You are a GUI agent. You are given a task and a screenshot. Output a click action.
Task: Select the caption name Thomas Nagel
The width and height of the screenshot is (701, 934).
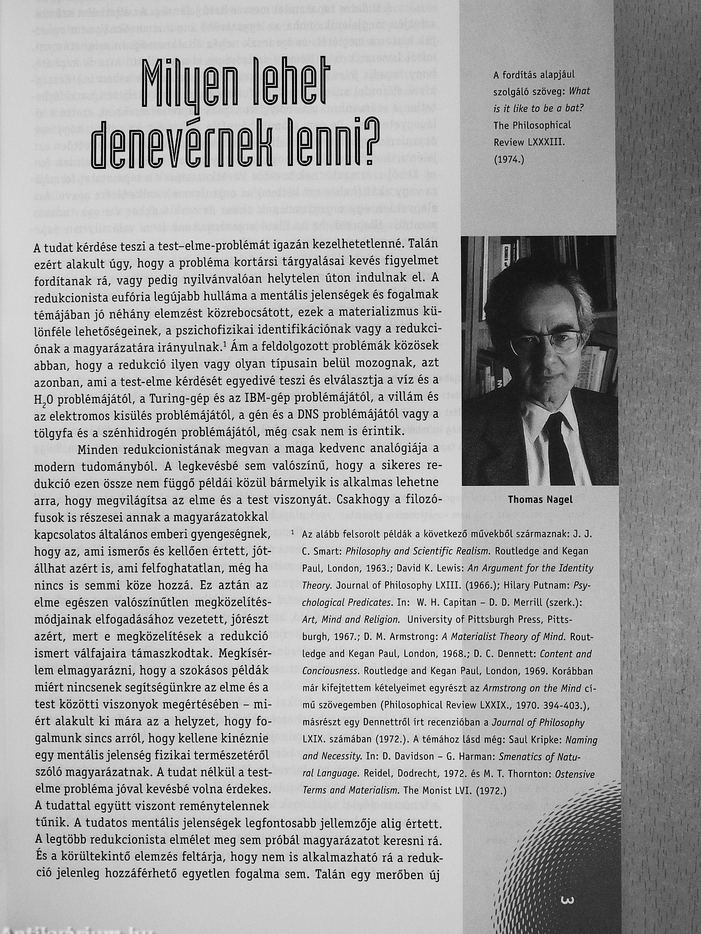coord(540,499)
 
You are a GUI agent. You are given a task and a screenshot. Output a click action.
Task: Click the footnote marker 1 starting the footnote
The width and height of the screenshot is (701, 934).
coord(293,533)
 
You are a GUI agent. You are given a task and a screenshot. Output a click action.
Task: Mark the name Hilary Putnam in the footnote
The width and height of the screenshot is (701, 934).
coord(533,586)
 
